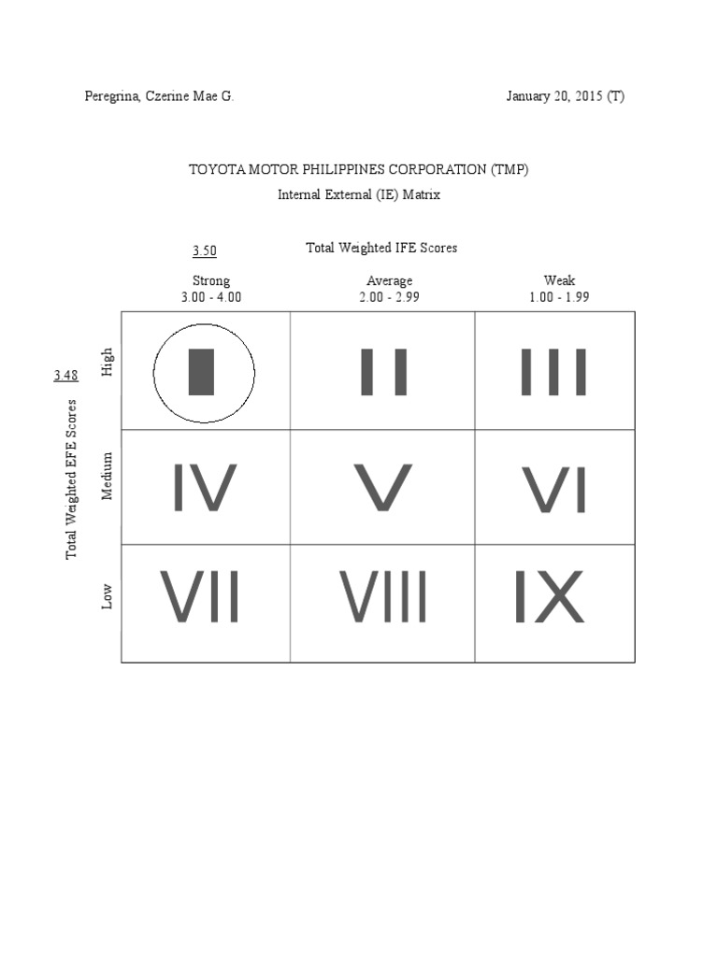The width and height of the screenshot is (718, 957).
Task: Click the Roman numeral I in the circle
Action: (202, 372)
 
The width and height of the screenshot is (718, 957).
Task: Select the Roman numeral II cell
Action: (384, 372)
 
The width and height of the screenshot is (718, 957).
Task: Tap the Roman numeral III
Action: (553, 372)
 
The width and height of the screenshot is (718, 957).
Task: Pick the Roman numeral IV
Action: (205, 488)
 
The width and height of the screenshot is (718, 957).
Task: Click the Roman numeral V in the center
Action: (383, 488)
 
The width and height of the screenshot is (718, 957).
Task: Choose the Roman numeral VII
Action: (200, 597)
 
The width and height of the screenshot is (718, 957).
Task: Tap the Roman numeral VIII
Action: (383, 597)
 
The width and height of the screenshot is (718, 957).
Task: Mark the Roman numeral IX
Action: (550, 597)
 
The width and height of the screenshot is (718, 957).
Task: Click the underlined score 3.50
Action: (205, 250)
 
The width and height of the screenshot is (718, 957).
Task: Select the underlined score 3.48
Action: (65, 376)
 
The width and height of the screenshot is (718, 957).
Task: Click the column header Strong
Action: (211, 280)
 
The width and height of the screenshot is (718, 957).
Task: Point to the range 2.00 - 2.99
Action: (390, 297)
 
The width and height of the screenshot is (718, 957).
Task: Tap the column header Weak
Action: (559, 280)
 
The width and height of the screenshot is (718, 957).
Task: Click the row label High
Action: (108, 362)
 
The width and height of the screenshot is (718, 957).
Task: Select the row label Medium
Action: (108, 476)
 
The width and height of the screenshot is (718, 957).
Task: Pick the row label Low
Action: (108, 597)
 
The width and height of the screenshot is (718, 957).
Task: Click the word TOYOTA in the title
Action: (213, 170)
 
